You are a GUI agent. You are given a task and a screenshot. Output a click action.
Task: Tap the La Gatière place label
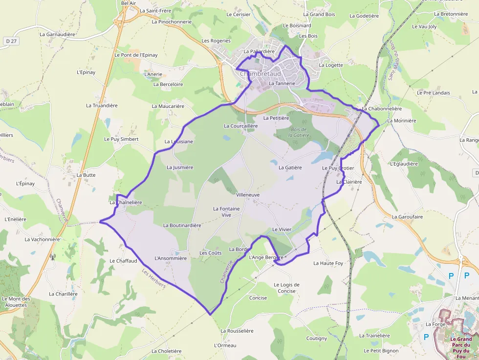click(x=290, y=168)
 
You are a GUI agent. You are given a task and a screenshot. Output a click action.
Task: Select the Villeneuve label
click(x=248, y=194)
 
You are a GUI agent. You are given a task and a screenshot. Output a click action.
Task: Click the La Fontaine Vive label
click(x=226, y=212)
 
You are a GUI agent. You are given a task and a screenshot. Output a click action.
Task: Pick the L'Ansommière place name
click(x=171, y=258)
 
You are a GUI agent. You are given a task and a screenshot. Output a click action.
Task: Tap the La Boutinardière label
click(x=182, y=226)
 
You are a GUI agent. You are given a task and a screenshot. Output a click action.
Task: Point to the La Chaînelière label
click(x=126, y=202)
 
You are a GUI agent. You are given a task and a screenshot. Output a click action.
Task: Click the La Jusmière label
click(x=180, y=168)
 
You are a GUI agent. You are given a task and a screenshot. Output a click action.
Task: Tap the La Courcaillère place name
click(x=240, y=126)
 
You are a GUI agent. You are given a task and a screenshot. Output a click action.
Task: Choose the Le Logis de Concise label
click(x=286, y=288)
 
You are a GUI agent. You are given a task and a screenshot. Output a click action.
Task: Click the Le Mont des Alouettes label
click(x=16, y=302)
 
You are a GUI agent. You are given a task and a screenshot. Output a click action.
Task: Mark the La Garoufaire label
click(x=407, y=216)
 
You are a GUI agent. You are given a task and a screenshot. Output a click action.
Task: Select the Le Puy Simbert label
click(x=121, y=139)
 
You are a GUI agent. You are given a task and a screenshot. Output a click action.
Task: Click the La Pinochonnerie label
click(x=172, y=22)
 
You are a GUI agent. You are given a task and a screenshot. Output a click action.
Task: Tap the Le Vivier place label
click(x=282, y=230)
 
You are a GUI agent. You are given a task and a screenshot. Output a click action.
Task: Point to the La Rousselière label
click(x=237, y=331)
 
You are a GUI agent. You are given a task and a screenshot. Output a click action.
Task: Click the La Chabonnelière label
click(x=382, y=109)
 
